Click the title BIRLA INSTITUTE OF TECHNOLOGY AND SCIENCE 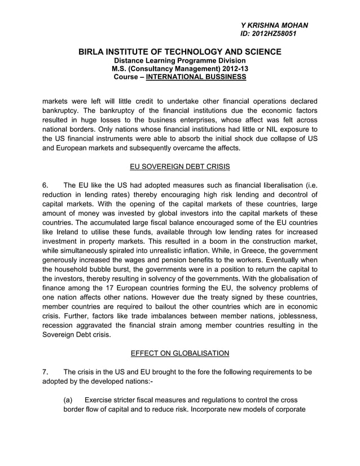[x=179, y=52]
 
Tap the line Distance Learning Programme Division [x=179, y=60]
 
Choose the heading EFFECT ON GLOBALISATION [x=179, y=353]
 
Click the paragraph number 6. [x=45, y=185]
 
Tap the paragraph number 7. [x=45, y=372]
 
